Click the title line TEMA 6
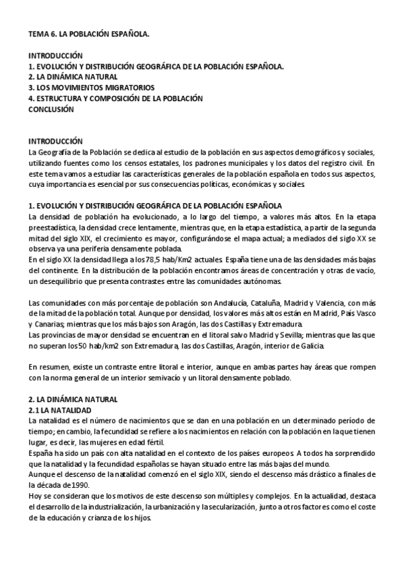point(88,33)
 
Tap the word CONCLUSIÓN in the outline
point(51,109)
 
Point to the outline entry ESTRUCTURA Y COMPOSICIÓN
point(115,98)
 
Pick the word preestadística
point(55,227)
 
